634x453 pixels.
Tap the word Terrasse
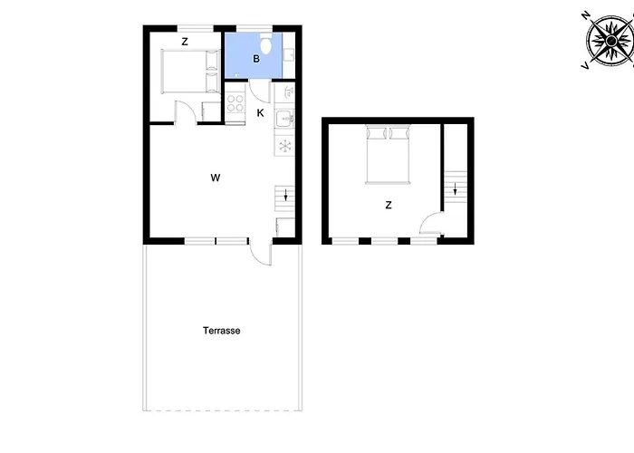tap(221, 331)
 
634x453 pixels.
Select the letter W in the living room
tap(216, 177)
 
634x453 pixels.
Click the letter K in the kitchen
tap(260, 113)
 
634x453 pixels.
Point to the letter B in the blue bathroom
tap(257, 59)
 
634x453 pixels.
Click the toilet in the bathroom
tap(266, 44)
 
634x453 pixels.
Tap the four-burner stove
tap(235, 101)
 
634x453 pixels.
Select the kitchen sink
tap(284, 118)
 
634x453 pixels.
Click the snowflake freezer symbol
tap(284, 146)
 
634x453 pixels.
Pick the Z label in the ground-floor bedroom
tap(184, 42)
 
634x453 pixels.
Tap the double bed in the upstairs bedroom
tap(389, 154)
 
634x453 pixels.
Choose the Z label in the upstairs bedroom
tap(389, 206)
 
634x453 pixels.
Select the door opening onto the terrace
tap(262, 253)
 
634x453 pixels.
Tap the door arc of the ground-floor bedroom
tap(183, 111)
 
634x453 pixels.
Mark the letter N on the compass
tap(586, 15)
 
